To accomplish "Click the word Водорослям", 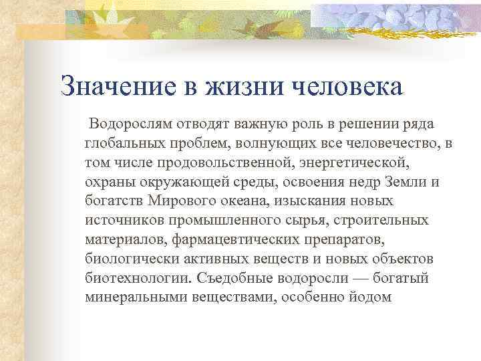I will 138,124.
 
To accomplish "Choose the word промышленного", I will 203,220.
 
